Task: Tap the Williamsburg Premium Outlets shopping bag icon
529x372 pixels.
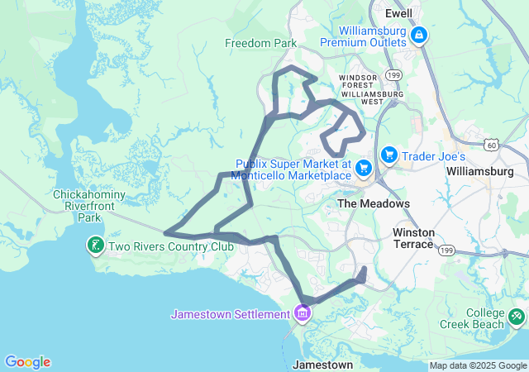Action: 419,36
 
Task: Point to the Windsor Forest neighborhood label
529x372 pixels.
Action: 359,80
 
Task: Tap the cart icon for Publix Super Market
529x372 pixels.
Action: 364,169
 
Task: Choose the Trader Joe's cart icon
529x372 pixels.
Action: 389,155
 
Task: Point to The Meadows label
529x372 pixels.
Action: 373,203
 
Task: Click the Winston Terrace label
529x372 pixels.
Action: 413,238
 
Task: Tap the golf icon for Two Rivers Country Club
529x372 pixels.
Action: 96,246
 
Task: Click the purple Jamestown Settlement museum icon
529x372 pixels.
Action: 302,314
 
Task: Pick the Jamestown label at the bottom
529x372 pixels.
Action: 324,364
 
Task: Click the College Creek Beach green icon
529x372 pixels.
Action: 517,316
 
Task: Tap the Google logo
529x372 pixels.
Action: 28,362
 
